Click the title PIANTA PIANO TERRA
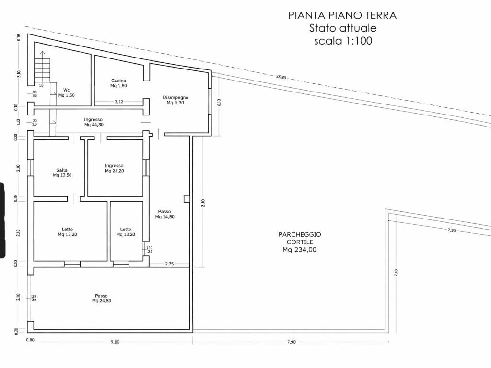pyautogui.click(x=342, y=15)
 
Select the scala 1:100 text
pyautogui.click(x=343, y=41)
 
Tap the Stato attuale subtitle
pyautogui.click(x=343, y=28)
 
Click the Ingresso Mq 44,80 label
pyautogui.click(x=94, y=122)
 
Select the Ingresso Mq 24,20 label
pyautogui.click(x=114, y=168)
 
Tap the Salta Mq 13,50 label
pyautogui.click(x=62, y=172)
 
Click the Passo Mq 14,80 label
pyautogui.click(x=164, y=214)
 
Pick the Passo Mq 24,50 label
pyautogui.click(x=101, y=298)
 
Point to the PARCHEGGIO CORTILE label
pyautogui.click(x=300, y=241)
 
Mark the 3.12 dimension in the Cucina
pyautogui.click(x=119, y=102)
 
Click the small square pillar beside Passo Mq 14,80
pyautogui.click(x=187, y=198)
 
